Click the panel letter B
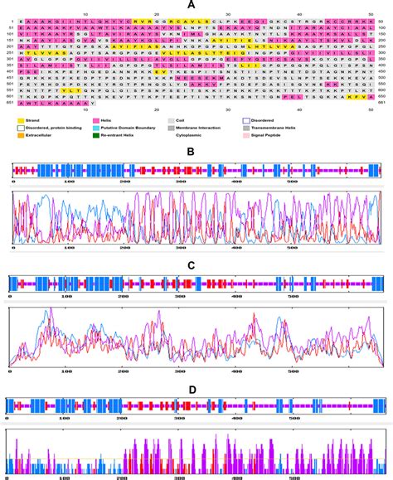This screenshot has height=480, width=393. [192, 153]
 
